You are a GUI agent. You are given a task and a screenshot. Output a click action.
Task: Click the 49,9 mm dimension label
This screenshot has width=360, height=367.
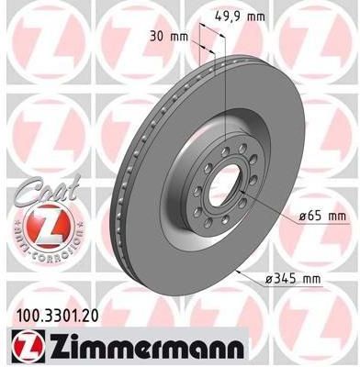[240, 17]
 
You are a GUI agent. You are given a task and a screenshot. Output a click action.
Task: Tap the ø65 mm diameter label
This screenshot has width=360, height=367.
[322, 217]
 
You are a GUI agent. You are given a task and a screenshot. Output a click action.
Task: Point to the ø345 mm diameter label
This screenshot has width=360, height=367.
[293, 279]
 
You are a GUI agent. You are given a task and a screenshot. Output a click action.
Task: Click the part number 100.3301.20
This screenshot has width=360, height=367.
[56, 317]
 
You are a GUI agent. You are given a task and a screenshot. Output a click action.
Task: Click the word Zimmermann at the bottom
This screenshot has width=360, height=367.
[146, 346]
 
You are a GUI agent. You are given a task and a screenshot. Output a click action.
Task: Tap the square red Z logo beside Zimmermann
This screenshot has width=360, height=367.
[28, 346]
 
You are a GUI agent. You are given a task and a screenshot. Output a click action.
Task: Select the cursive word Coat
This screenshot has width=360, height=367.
[46, 190]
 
